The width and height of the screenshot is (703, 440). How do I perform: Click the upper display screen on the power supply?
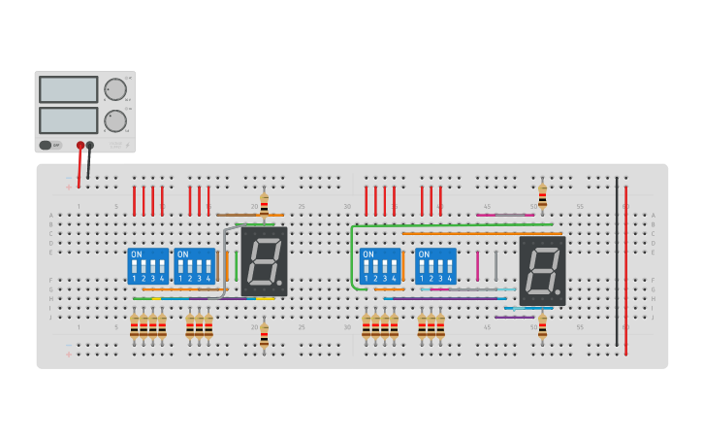68,89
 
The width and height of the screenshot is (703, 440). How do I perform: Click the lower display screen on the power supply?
68,120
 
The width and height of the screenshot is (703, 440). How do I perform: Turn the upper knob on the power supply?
115,89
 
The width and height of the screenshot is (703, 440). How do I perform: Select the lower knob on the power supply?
115,121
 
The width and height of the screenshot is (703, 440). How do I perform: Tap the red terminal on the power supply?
80,146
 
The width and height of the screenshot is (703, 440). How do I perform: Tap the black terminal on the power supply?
90,146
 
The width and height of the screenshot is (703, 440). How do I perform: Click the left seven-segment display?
264,261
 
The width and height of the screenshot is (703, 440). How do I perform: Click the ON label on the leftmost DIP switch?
136,254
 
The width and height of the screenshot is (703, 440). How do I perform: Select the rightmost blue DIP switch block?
435,266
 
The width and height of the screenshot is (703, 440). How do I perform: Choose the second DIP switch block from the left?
195,266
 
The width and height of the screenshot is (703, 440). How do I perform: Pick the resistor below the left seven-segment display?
264,335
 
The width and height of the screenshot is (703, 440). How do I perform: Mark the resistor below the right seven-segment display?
542,326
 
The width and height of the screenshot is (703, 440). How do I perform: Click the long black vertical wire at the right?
616,262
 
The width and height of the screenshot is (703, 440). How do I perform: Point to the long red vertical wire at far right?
625,272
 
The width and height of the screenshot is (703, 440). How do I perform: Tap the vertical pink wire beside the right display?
477,265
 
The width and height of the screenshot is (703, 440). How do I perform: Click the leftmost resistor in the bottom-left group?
134,326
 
